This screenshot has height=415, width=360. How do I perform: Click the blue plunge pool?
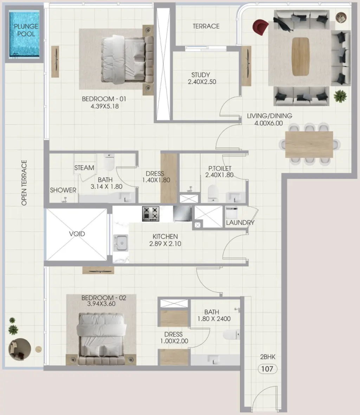pyautogui.click(x=24, y=35)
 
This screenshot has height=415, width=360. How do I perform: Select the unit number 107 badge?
pyautogui.click(x=268, y=369)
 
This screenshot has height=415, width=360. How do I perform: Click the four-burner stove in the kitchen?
pyautogui.click(x=151, y=213)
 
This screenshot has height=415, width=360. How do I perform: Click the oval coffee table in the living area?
pyautogui.click(x=301, y=56)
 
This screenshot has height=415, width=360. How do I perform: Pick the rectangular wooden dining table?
pyautogui.click(x=309, y=145)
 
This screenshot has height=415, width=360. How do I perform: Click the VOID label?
pyautogui.click(x=77, y=234)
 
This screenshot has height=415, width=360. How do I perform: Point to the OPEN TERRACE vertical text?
pyautogui.click(x=24, y=183)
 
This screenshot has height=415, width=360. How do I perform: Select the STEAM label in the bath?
pyautogui.click(x=84, y=168)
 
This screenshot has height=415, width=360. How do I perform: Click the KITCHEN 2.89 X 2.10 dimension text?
pyautogui.click(x=165, y=240)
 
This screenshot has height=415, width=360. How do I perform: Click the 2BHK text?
pyautogui.click(x=268, y=357)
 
